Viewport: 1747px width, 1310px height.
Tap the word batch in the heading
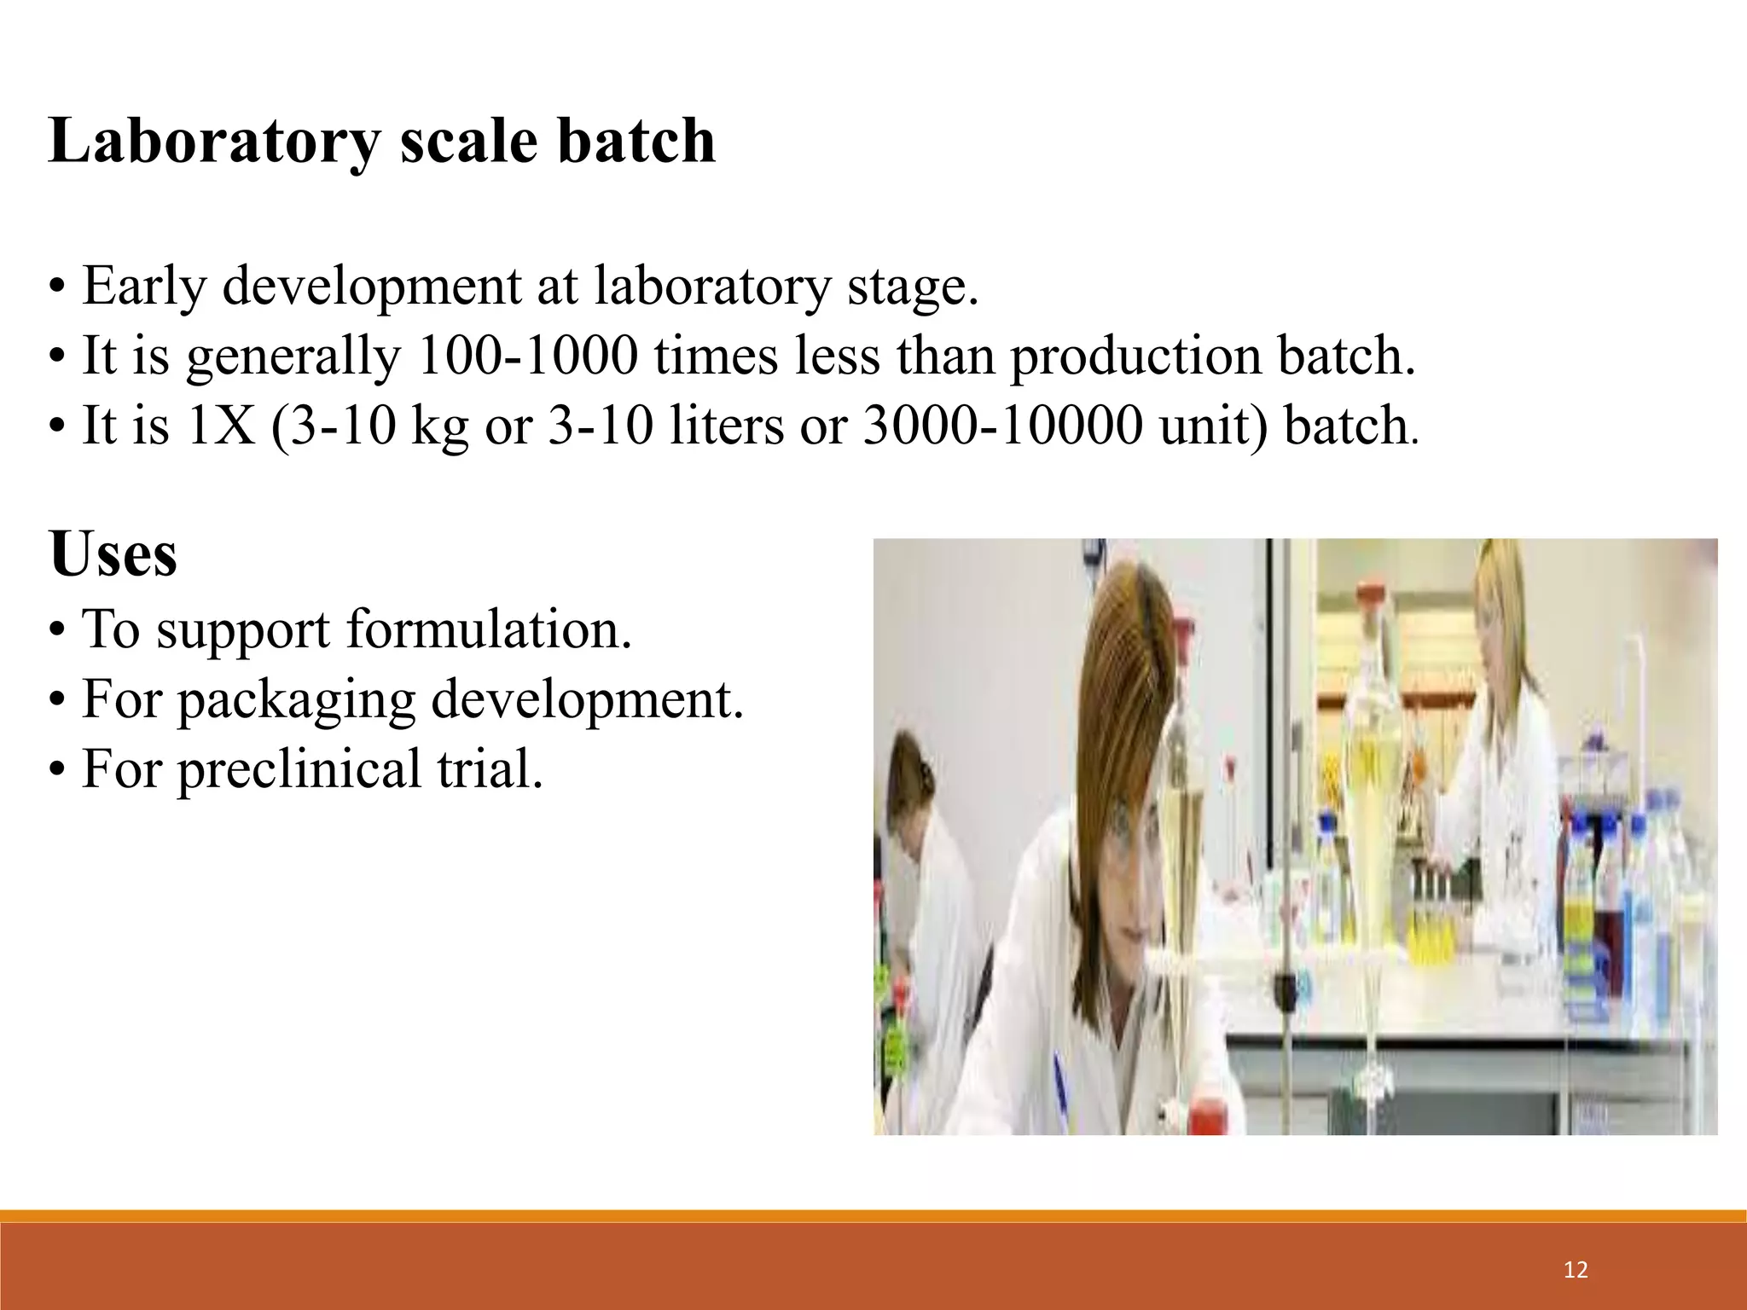point(636,141)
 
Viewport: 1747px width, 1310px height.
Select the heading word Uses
point(113,554)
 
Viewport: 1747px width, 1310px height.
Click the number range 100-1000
point(527,356)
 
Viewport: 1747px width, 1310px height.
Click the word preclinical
point(299,768)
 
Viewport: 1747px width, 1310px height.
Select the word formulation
point(489,629)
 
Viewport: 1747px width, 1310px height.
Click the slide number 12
point(1576,1270)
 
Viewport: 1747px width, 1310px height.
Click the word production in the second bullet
point(1135,356)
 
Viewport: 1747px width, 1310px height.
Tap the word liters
point(726,426)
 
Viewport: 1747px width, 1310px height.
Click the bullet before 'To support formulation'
point(57,632)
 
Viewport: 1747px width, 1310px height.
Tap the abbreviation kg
point(439,427)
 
